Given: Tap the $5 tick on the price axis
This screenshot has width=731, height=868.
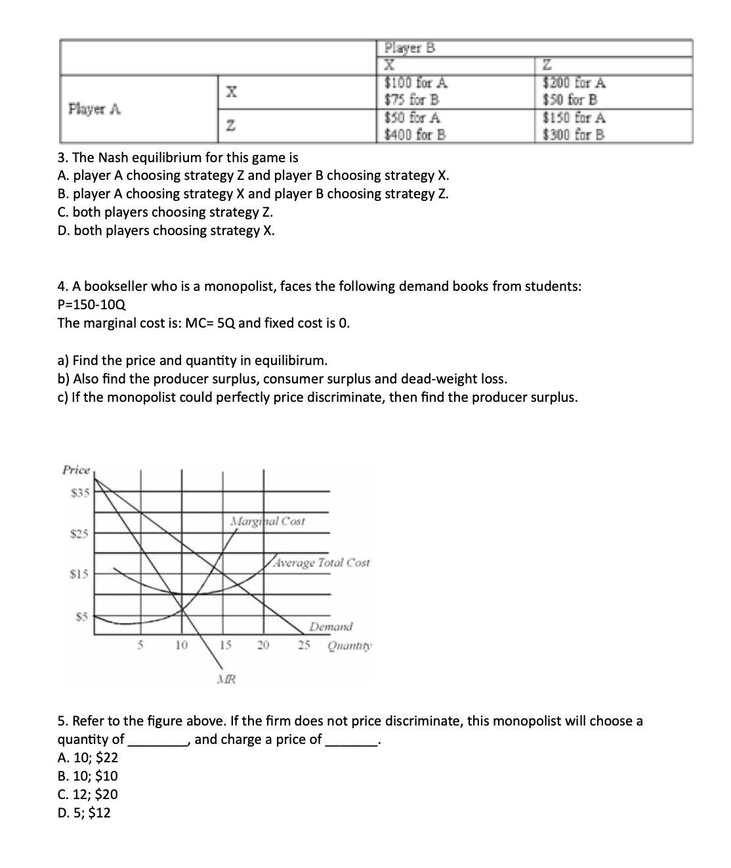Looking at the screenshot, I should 81,616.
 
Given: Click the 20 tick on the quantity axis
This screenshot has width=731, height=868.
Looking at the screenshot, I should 262,645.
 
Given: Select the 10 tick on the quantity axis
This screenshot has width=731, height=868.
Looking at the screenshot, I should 181,645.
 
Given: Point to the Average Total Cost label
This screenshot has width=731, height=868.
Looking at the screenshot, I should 322,563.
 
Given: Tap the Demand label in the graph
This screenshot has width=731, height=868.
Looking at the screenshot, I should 331,626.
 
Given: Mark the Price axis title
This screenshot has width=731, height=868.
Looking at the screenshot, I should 75,470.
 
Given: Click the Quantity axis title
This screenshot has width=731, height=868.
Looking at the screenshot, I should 350,645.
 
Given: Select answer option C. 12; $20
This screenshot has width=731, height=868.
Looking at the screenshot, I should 88,794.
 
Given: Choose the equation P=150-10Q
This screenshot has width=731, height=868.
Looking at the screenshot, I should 92,305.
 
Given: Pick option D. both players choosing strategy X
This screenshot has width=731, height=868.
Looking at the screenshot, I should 166,230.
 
